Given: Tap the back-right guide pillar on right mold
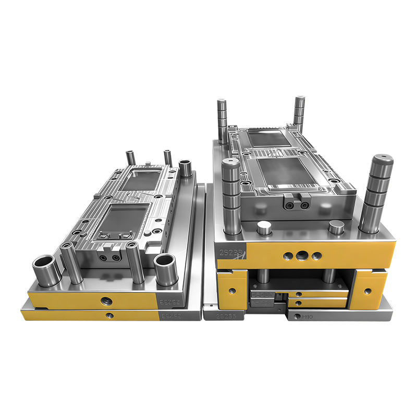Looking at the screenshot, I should coord(299,111).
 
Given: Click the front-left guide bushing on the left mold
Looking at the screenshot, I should coord(44,267).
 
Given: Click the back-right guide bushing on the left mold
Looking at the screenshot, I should coord(185,169).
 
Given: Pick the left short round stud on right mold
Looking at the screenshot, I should coord(265,228).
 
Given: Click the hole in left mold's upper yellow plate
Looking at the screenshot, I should coord(106,300).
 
